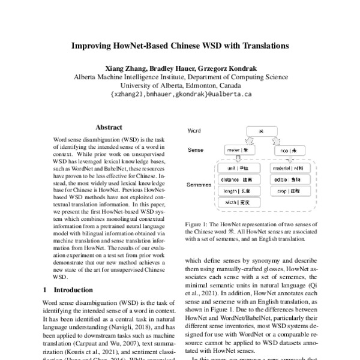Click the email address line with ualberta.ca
point(181,94)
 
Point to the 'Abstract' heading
point(109,127)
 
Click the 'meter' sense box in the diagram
point(238,149)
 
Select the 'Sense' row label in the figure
point(196,149)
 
